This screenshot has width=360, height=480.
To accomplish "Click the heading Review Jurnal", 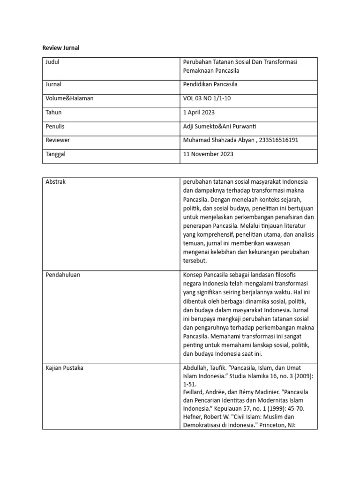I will click(61, 48).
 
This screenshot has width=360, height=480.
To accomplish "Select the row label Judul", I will click(53, 62).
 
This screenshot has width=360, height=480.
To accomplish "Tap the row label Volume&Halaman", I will click(70, 98).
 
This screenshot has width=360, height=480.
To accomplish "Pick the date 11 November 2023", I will click(208, 154).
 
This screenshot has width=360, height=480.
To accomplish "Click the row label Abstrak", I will click(56, 182).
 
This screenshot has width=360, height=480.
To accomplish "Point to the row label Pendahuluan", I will click(63, 275).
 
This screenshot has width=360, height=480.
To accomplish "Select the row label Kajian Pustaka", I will click(65, 367).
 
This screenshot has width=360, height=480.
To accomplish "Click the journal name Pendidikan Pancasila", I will click(210, 84).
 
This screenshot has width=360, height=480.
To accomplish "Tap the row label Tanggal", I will click(57, 154).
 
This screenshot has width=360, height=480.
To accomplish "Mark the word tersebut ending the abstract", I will click(195, 261).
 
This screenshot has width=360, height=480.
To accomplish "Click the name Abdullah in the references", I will click(195, 367).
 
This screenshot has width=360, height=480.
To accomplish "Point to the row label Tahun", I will click(54, 112).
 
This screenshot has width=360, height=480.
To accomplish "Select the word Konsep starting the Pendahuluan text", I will click(194, 275).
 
